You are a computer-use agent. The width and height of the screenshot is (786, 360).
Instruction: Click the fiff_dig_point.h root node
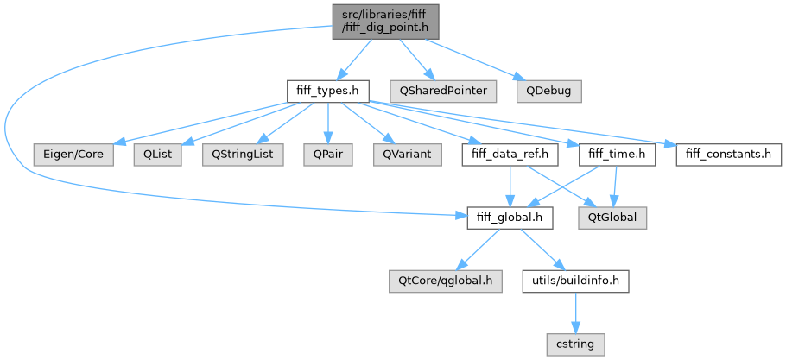(x=385, y=21)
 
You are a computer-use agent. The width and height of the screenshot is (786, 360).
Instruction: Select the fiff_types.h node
(x=328, y=90)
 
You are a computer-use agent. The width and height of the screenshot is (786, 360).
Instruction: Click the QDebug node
(x=548, y=90)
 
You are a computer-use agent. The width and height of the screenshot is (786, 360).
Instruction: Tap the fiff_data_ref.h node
(x=510, y=155)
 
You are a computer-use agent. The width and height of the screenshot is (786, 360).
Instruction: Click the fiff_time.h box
(x=616, y=155)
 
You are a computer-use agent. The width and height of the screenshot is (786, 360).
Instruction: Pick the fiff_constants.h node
(x=727, y=155)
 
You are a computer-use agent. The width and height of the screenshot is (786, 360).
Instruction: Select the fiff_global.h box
(x=510, y=218)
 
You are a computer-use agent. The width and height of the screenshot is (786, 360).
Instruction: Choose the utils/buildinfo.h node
(x=575, y=281)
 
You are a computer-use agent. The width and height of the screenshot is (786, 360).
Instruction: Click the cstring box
(x=575, y=344)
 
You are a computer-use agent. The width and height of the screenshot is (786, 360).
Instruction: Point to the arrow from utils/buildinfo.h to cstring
(x=575, y=313)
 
